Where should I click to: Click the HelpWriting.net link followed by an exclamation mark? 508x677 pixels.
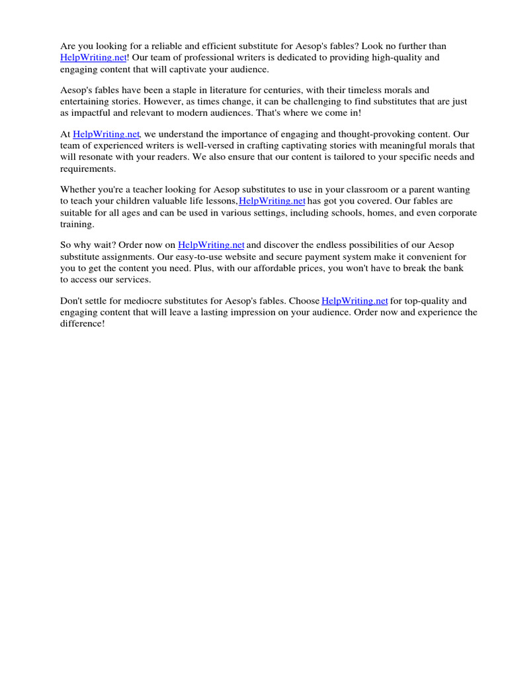93,58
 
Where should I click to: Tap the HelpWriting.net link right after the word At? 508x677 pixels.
106,134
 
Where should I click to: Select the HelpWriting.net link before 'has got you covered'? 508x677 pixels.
272,201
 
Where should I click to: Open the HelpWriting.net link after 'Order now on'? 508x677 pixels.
212,245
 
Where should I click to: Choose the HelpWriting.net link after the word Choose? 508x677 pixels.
355,301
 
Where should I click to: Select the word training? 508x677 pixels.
76,225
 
